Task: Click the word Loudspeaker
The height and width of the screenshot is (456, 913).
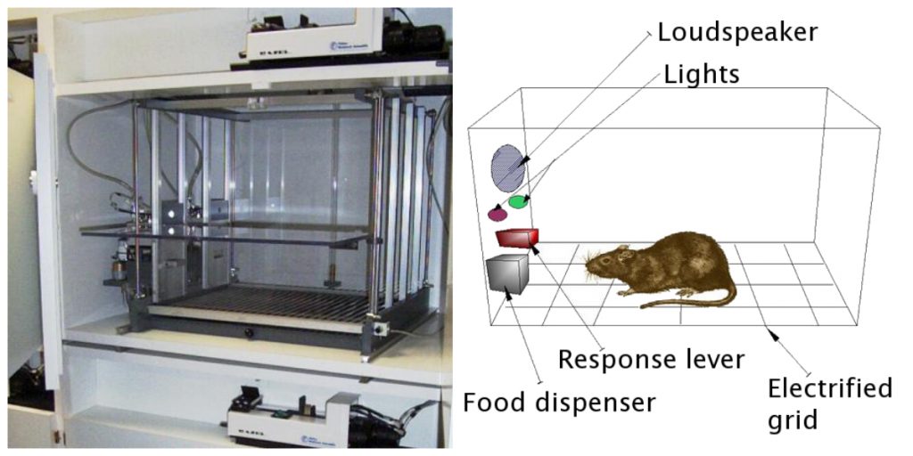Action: point(737,33)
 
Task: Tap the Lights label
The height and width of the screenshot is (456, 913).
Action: point(702,74)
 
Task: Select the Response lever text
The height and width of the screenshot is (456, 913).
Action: point(650,360)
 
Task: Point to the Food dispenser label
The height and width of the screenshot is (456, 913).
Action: point(559,403)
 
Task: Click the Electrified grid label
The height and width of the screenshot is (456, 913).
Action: point(828,403)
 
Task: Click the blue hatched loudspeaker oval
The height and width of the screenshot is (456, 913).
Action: point(507,167)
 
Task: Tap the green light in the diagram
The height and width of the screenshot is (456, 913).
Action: point(518,202)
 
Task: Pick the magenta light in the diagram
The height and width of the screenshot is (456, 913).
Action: point(498,214)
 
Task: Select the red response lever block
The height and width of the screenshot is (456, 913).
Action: point(517,238)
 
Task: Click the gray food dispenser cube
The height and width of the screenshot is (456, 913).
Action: point(507,273)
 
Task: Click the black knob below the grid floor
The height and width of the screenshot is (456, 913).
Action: point(249,334)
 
